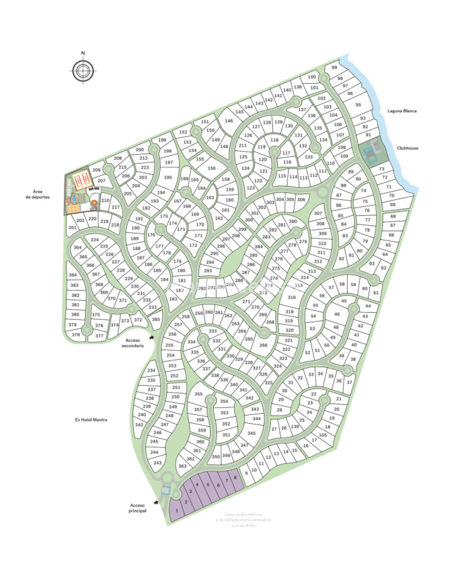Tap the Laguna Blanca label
pos(402,111)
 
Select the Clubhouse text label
pos(407,148)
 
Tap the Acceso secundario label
pos(132,343)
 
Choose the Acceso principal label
pos(137,508)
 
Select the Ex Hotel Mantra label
pos(91,420)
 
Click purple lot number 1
pos(177,511)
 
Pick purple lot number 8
pos(235,478)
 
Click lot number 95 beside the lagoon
pos(358,105)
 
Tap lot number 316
pos(292,297)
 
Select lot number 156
pos(212,168)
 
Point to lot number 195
pos(168,178)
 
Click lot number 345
pos(251,433)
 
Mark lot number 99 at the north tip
pos(334,68)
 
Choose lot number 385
pos(156,320)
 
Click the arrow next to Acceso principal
pos(156,502)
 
